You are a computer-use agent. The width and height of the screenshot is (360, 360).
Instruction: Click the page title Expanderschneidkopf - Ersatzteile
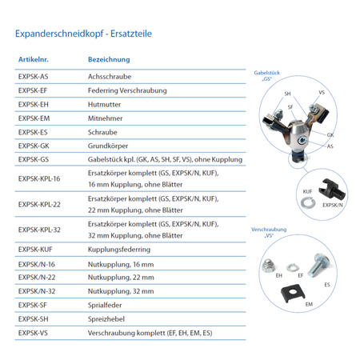(x=83, y=34)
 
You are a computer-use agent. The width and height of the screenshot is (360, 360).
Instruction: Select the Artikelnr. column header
(x=34, y=59)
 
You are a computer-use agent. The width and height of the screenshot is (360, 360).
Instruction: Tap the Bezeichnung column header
(x=109, y=59)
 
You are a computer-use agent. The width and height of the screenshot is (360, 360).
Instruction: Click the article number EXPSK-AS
(x=34, y=77)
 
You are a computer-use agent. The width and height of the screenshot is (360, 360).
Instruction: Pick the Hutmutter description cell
(x=104, y=104)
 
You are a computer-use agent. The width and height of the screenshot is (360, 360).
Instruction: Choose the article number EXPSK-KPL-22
(x=39, y=205)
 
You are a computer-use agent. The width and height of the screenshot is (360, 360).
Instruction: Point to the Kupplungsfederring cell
(x=119, y=250)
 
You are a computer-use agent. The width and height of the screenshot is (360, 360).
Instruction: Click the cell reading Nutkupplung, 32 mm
(x=121, y=291)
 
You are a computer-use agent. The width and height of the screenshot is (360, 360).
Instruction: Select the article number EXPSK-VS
(x=33, y=333)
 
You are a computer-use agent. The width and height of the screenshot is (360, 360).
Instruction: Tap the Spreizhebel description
(x=106, y=319)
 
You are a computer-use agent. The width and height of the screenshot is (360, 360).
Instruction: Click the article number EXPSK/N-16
(x=37, y=264)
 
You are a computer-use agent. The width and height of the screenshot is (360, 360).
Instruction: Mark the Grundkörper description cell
(x=108, y=146)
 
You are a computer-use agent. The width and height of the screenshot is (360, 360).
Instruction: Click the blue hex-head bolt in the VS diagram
(x=319, y=264)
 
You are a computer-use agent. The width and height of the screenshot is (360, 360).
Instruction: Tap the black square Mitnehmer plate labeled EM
(x=293, y=293)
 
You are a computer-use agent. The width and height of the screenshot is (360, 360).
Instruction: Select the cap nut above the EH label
(x=268, y=266)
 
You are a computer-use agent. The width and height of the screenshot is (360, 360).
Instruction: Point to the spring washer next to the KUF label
(x=308, y=202)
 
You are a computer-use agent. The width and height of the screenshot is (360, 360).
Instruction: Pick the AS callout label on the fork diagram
(x=330, y=146)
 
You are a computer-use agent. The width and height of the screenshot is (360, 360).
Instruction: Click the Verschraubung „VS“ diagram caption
(x=269, y=232)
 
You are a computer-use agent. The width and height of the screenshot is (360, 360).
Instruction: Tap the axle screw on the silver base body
(x=302, y=140)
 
